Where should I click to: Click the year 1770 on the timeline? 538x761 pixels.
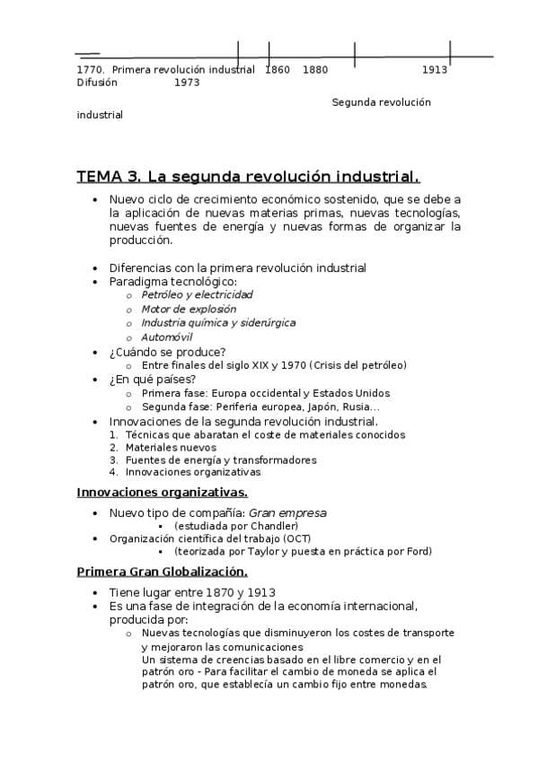pos(90,69)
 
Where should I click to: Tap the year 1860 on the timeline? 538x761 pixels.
pos(278,69)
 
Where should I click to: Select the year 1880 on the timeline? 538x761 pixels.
pos(315,69)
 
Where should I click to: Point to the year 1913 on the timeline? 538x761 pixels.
pos(435,69)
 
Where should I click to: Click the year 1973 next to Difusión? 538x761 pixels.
pos(187,83)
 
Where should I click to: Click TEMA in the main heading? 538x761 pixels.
pos(101,176)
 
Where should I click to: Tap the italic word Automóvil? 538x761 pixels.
pos(167,337)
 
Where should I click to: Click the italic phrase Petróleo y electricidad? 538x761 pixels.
pos(197,294)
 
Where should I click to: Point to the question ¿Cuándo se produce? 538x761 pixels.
pos(167,351)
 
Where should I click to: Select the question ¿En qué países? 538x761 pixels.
pos(152,380)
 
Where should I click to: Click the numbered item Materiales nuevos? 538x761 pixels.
pos(171,447)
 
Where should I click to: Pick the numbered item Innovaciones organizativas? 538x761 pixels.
pos(193,471)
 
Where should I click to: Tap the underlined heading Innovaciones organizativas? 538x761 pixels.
pos(162,493)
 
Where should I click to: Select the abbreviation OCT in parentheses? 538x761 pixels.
pos(297,538)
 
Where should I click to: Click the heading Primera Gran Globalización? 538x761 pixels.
pos(162,572)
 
